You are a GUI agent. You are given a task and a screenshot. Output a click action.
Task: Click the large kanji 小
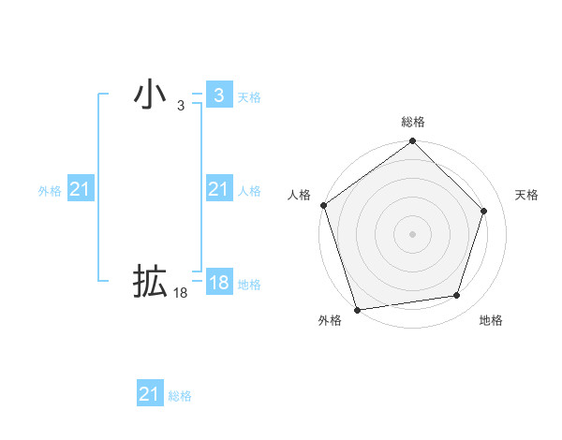150,95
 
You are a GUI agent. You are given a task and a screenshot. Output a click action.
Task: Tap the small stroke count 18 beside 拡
181,293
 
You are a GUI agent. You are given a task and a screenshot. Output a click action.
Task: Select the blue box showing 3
218,95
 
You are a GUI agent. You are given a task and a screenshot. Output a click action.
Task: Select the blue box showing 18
218,283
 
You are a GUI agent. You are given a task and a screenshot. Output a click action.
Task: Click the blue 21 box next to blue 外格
81,190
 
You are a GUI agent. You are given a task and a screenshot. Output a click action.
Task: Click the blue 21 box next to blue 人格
218,190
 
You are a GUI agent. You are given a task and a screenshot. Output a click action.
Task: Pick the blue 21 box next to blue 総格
150,394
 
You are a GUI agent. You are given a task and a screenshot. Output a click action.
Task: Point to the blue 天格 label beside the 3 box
249,97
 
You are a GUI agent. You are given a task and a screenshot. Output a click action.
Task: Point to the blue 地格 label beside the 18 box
249,285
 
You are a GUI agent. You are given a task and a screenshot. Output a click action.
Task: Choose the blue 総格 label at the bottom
180,396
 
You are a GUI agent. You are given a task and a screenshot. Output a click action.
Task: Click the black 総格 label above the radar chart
413,122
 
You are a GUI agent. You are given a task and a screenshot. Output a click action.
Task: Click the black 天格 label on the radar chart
527,195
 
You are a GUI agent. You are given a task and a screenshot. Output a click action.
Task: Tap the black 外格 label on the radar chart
330,321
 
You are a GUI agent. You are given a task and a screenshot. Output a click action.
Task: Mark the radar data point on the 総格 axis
413,142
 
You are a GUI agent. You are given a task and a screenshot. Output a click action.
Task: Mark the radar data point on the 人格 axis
323,205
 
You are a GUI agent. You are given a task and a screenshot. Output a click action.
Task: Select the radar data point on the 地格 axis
457,295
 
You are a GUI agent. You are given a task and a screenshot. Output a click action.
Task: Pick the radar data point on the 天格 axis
484,211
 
